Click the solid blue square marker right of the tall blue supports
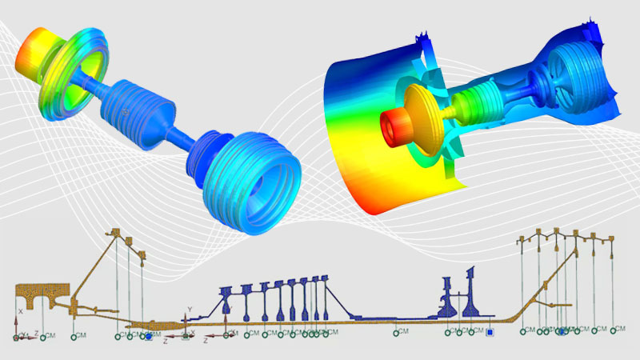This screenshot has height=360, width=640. click(x=490, y=332)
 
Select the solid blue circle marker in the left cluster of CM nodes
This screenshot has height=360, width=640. click(x=147, y=337)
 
